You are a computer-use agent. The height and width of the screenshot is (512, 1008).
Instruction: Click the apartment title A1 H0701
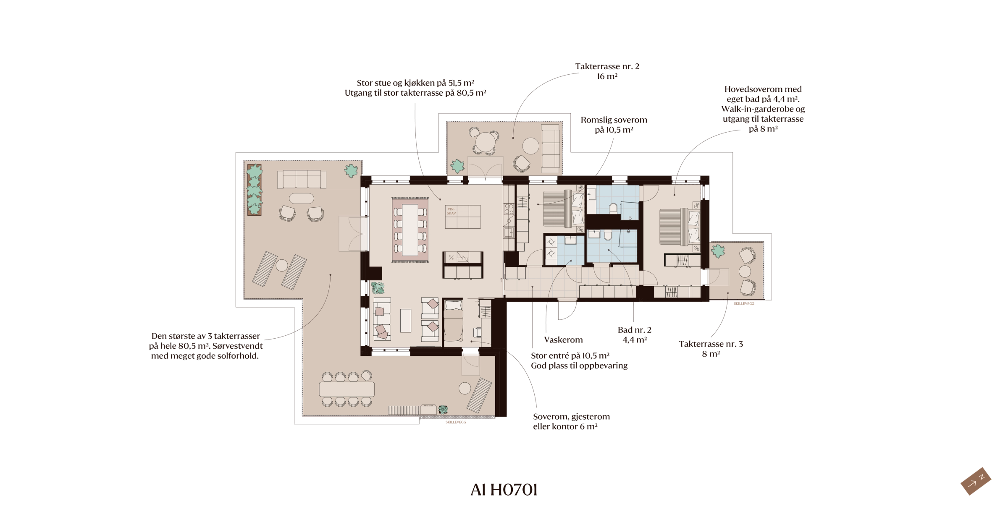[504, 490]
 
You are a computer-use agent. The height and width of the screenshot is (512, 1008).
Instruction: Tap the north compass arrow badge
[976, 481]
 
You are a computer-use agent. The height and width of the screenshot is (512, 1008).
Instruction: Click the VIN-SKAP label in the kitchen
[451, 211]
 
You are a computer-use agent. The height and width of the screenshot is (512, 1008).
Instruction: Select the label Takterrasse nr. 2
[607, 66]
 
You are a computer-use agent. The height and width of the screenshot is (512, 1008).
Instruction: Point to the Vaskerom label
[563, 340]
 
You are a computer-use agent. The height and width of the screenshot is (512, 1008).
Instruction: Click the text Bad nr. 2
[634, 330]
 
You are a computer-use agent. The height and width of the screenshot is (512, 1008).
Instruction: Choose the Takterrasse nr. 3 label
[711, 344]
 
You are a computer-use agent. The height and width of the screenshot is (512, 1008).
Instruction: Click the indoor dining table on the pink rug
[410, 230]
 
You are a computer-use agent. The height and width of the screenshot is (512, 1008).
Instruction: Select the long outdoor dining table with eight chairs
[346, 389]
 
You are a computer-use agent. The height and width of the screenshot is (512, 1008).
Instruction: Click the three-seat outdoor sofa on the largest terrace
[302, 180]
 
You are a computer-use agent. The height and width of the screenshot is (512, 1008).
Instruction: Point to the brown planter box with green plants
[254, 190]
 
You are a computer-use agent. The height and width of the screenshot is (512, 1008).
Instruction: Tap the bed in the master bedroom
[680, 227]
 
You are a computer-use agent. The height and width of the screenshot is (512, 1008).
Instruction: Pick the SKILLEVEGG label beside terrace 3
[744, 303]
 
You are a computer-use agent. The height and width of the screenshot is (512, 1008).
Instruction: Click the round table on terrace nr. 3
[745, 271]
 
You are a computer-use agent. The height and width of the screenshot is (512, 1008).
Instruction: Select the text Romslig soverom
[614, 120]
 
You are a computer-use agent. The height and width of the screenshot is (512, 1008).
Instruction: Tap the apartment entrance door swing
[567, 310]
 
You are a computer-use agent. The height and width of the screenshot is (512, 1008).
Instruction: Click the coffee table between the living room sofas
[405, 321]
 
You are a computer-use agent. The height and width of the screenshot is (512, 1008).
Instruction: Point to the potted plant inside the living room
[378, 287]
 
